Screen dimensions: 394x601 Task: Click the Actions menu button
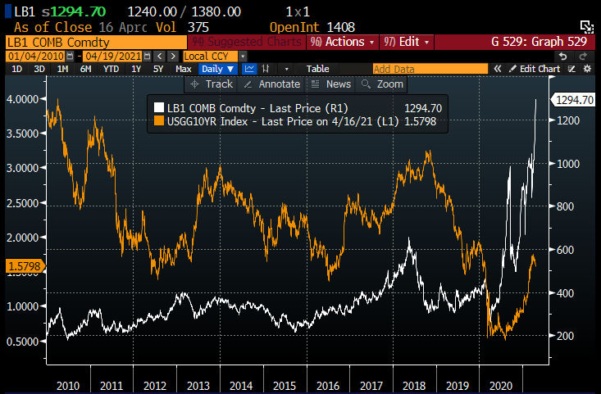pos(345,41)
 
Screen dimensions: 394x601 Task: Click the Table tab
pos(317,70)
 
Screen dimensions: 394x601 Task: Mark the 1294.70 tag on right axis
pos(573,100)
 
